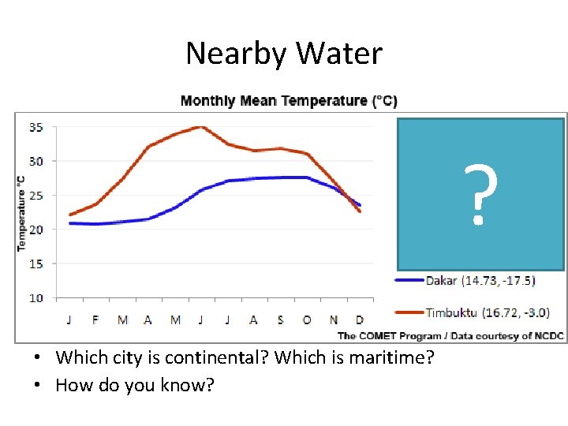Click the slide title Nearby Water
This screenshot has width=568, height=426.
[284, 54]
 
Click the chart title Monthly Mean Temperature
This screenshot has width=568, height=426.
[289, 101]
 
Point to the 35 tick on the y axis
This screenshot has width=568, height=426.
[36, 127]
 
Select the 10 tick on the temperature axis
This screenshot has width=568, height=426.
[36, 298]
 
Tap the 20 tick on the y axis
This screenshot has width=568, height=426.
[36, 230]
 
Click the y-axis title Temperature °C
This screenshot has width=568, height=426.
[21, 213]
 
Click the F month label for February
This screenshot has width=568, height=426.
[95, 319]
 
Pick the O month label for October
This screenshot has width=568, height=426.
[306, 319]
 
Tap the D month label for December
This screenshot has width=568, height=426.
[360, 319]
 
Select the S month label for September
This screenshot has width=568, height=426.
[280, 319]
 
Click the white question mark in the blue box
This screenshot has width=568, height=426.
[480, 195]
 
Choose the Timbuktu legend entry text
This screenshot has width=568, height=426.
[485, 312]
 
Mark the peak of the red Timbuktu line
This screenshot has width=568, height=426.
[202, 126]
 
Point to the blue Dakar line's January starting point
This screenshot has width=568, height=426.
[71, 223]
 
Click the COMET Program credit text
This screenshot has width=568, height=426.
[450, 336]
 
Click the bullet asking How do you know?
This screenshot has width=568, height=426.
[135, 387]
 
